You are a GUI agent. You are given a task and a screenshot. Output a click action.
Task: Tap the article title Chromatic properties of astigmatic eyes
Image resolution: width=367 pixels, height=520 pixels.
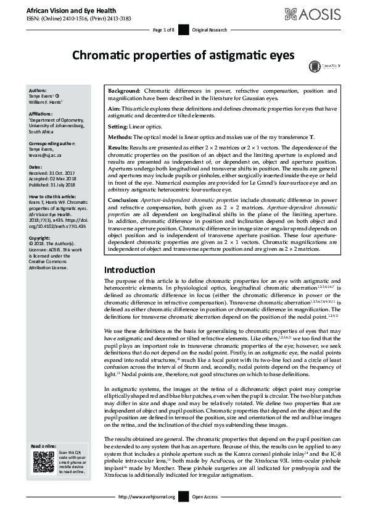[x=183, y=55]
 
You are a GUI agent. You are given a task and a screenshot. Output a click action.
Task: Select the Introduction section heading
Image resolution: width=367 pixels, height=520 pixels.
[x=130, y=270]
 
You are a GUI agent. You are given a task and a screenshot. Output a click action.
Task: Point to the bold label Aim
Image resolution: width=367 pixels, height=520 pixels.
[x=114, y=108]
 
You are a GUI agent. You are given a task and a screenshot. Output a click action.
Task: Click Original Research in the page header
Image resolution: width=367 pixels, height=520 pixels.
[x=211, y=30]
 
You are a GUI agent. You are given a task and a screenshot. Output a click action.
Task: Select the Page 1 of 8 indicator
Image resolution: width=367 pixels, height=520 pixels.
[x=163, y=30]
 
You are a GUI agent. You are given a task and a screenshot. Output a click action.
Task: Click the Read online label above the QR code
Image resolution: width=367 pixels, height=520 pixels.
[x=44, y=446]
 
